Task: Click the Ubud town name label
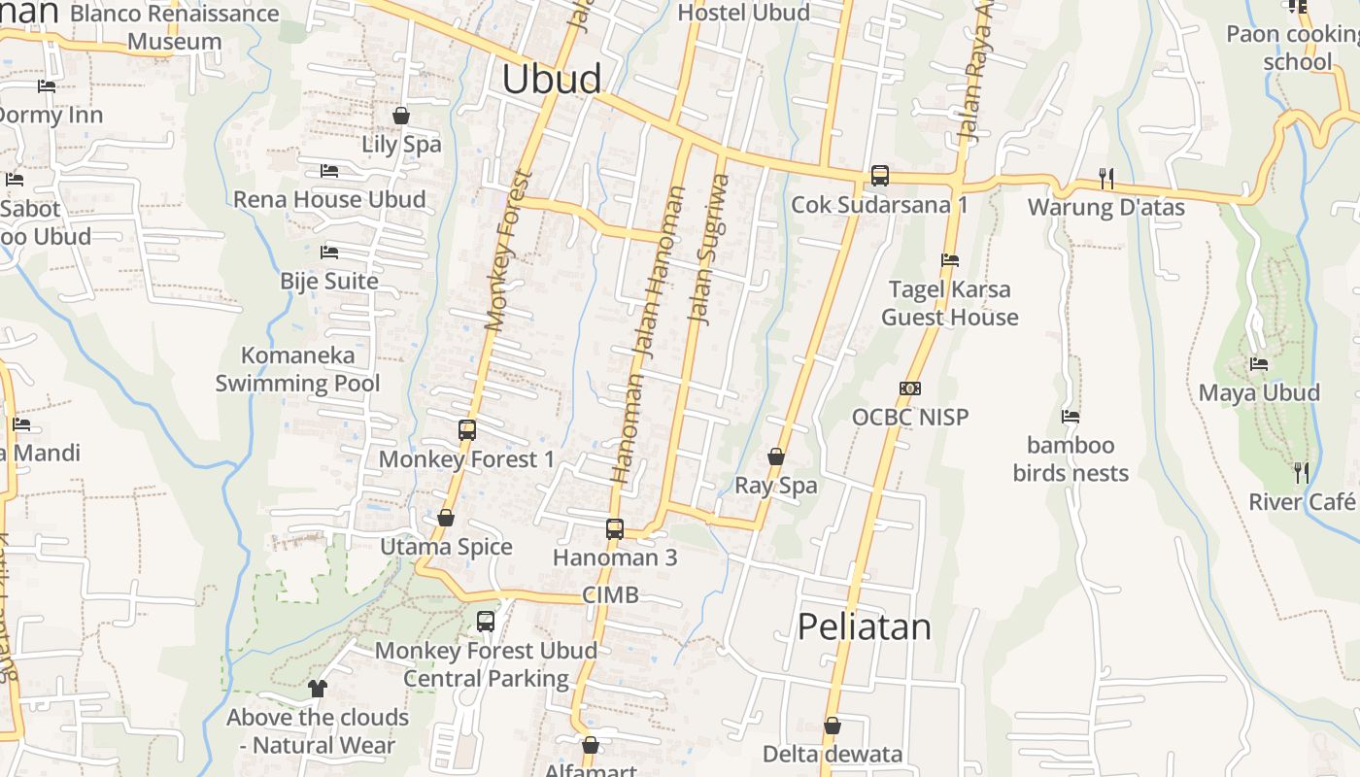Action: (552, 79)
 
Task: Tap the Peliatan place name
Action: (864, 626)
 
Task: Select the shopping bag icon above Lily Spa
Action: (400, 117)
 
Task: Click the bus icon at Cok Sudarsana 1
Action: (879, 176)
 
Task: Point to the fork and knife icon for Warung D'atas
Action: (1105, 178)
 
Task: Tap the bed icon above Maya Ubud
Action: (1259, 364)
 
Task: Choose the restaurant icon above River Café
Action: (1301, 473)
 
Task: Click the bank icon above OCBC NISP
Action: (910, 388)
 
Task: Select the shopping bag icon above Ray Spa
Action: (775, 456)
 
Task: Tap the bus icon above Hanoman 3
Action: (614, 529)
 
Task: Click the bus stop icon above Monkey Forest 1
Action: (466, 430)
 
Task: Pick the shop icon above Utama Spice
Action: (446, 519)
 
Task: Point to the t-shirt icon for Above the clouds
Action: (317, 689)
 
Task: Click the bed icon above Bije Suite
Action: (329, 253)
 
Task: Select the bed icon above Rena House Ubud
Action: (329, 171)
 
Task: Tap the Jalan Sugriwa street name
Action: (708, 249)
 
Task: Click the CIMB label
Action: (610, 595)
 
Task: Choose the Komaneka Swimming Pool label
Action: (298, 369)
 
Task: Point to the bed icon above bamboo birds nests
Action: (1071, 417)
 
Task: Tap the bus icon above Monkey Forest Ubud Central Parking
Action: (486, 622)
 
